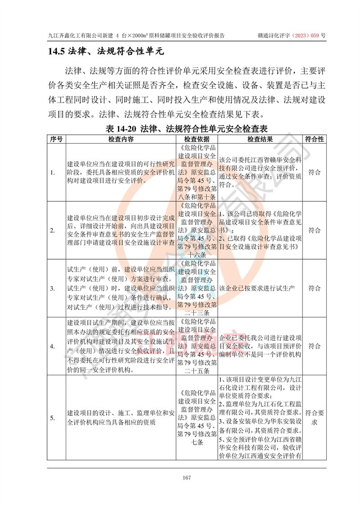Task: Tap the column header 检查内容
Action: point(120,139)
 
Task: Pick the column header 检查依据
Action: point(197,139)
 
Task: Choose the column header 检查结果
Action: point(260,139)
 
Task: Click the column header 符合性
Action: point(315,139)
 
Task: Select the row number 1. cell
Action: point(53,172)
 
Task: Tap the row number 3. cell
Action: point(53,288)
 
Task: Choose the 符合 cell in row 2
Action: point(315,230)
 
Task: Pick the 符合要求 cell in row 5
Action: point(315,418)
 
